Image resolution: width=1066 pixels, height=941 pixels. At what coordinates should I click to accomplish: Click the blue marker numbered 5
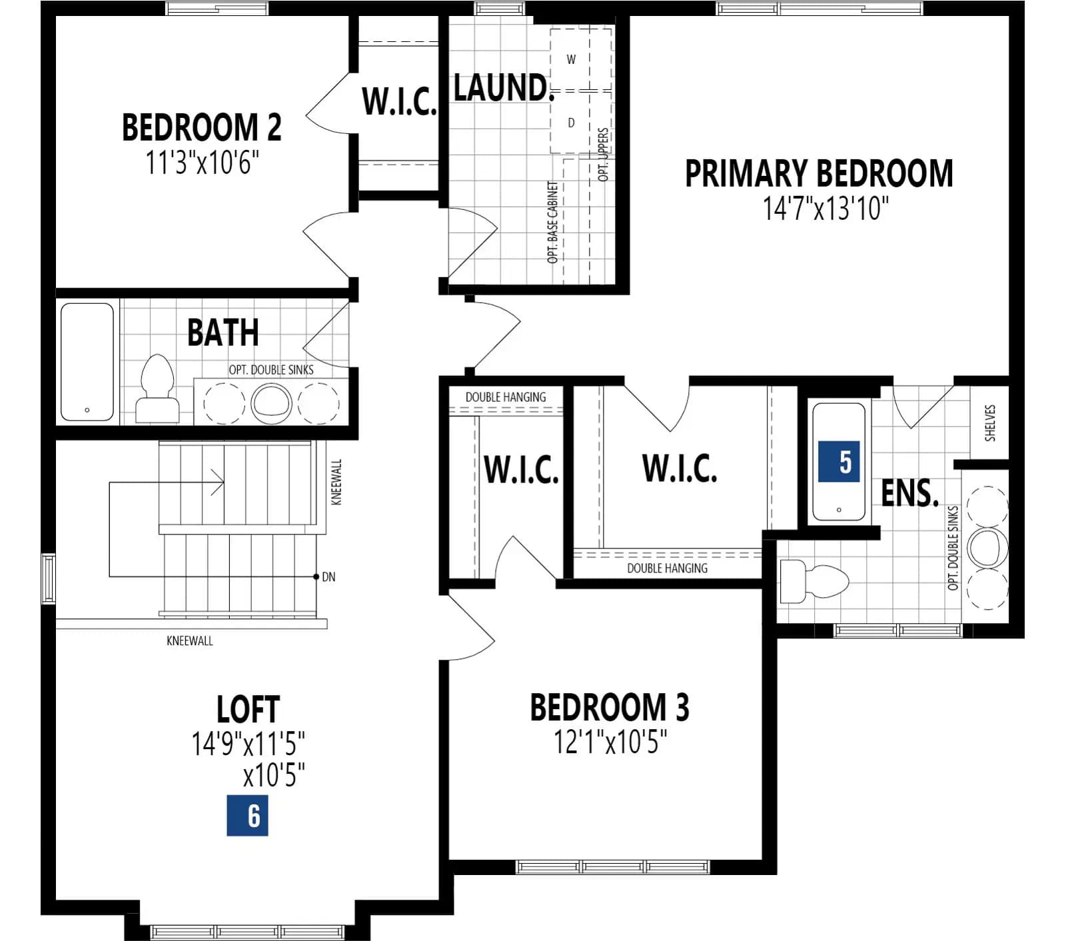point(839,461)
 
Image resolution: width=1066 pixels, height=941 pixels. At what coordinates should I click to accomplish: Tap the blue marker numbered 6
point(247,815)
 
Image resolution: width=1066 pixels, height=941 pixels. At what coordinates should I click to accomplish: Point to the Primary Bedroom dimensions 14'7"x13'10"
point(825,208)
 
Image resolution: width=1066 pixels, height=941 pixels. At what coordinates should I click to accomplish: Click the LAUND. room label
point(504,87)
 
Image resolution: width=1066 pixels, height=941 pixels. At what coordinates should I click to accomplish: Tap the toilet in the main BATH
point(157,389)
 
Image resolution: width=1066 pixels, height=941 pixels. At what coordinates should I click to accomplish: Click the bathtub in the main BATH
point(87,362)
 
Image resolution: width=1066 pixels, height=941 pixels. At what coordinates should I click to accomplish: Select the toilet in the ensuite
point(813,581)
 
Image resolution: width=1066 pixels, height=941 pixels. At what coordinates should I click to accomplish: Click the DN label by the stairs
point(328,577)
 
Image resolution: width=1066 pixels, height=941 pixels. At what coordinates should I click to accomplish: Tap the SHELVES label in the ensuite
point(990,423)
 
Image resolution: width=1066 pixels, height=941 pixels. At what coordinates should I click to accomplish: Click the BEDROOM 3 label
point(610,707)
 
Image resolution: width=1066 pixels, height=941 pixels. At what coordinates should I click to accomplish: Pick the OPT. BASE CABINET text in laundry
point(552,222)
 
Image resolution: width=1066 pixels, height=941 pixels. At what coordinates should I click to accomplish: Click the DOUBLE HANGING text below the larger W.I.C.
point(667,568)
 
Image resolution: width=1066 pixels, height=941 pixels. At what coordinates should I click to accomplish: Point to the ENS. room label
point(909,493)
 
